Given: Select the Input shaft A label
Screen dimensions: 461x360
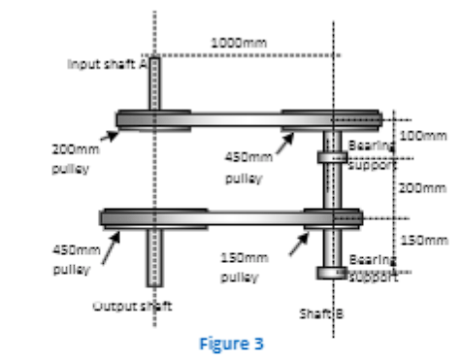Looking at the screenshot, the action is (x=106, y=63).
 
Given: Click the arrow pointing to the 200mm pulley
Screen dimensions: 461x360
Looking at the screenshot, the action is (x=109, y=135).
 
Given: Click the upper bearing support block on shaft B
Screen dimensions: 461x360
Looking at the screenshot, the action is (x=331, y=157).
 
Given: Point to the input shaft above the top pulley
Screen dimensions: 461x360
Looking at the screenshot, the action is (x=154, y=82).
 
